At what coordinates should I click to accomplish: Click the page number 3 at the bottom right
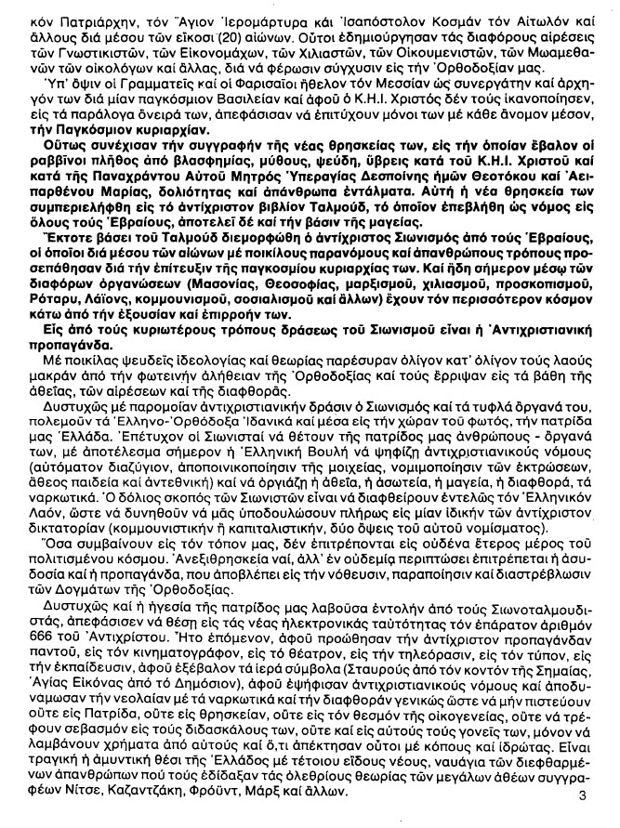point(582,795)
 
